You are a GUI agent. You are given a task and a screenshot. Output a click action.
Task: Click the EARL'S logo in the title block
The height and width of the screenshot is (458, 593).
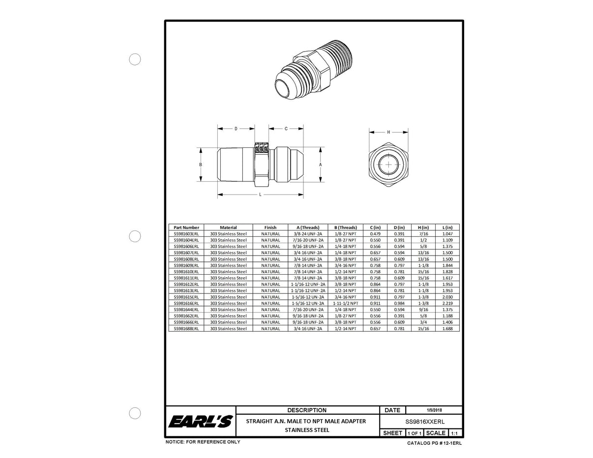tap(200, 422)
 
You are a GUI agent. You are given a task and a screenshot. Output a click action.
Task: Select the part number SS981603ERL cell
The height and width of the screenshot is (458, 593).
tap(186, 234)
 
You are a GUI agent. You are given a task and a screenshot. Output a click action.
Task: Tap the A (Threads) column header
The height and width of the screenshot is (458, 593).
tap(308, 228)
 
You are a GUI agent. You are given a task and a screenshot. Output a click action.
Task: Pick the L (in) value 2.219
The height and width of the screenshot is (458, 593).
tap(447, 303)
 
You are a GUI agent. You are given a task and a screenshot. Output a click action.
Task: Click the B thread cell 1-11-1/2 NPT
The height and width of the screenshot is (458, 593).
tap(345, 303)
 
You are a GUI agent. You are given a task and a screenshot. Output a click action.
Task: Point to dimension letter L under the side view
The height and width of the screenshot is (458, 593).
tap(260, 195)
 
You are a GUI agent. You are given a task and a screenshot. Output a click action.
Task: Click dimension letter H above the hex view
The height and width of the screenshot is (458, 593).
tap(388, 132)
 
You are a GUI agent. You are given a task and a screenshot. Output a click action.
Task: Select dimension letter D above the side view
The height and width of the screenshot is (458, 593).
tap(236, 129)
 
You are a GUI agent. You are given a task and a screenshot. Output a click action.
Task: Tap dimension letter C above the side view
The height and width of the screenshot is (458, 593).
tap(286, 129)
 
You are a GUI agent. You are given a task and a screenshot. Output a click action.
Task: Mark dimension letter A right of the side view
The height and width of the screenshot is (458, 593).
tap(321, 165)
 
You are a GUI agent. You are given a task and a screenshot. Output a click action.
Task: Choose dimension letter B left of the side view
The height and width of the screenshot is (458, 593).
tap(201, 165)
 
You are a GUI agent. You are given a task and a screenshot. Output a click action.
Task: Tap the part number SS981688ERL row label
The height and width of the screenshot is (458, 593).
tap(186, 328)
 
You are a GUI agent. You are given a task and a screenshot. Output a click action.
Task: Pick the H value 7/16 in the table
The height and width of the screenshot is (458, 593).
tap(423, 234)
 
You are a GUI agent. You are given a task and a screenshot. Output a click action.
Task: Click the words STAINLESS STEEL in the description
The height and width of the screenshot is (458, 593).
tap(307, 430)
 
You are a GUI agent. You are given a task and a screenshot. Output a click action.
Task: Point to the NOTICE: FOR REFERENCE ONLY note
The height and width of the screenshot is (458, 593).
tap(203, 442)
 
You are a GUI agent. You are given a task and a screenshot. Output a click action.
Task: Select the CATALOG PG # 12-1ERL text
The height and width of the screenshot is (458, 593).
tap(434, 443)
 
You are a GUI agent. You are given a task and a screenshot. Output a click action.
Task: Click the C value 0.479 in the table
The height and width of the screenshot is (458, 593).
tap(375, 234)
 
